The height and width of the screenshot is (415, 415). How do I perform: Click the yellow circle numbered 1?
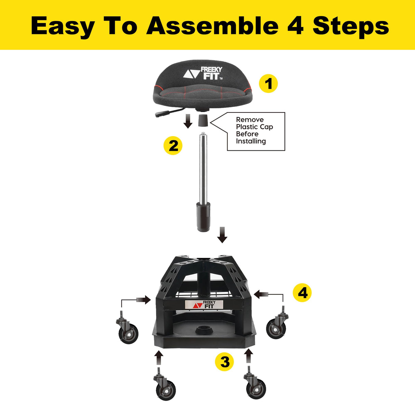268,84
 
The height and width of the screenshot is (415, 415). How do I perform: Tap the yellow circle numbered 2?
173,146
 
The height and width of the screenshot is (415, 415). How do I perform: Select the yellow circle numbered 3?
225,362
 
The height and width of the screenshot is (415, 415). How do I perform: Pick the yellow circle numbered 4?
302,293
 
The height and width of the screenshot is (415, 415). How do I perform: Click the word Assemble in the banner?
212,26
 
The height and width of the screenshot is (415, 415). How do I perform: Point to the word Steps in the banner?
351,26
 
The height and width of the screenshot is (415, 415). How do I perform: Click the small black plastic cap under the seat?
203,121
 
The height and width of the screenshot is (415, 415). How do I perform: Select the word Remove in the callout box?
250,120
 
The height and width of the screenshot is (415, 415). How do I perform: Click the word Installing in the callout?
251,141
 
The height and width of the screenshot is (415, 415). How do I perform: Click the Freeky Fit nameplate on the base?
204,304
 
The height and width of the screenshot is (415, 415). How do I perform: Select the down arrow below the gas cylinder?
222,235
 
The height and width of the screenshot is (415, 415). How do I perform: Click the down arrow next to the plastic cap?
188,121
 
